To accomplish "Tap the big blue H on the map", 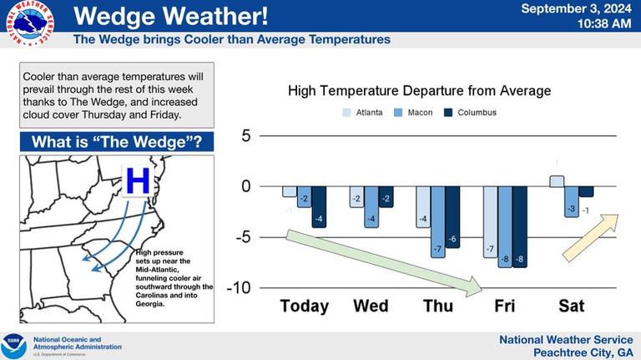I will (x=139, y=180).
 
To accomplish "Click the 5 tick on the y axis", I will (x=245, y=136).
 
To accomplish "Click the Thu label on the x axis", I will (x=438, y=306).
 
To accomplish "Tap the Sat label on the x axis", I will (x=571, y=306).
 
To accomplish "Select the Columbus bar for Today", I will (x=318, y=206).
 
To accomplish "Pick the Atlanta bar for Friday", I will (x=490, y=221).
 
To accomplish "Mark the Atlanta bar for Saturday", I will (x=557, y=181).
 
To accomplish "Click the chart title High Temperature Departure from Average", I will (x=419, y=90).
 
